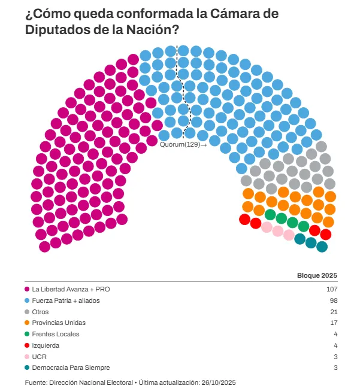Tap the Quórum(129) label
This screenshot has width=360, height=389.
pos(180,144)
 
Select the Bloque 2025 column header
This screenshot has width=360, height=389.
pos(317,275)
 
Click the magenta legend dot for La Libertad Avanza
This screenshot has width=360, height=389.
pos(28,289)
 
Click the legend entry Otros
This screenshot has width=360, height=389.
pos(40,312)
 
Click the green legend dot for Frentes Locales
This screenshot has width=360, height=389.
pos(28,334)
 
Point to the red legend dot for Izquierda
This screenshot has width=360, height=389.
pos(28,345)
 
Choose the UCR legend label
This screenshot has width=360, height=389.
pos(39,357)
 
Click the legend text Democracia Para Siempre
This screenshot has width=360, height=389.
pos(70,367)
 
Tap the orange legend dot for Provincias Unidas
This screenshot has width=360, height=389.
pos(28,323)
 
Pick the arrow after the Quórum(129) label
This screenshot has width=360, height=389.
pos(204,145)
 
